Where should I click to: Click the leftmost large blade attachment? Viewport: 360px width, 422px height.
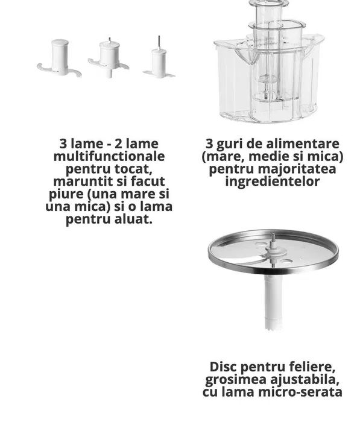(59, 59)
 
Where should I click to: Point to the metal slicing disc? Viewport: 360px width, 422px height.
(273, 250)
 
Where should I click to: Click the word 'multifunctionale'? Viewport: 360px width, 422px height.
(109, 156)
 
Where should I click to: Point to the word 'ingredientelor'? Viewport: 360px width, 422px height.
(273, 181)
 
